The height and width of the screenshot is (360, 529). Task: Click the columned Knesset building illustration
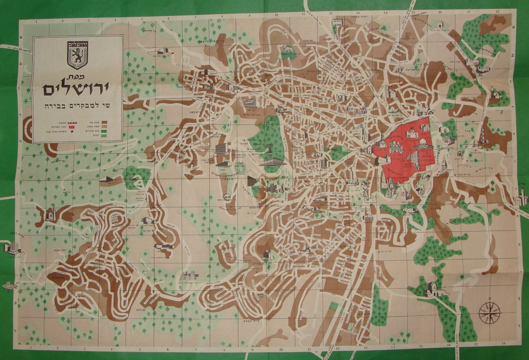[272, 161]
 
